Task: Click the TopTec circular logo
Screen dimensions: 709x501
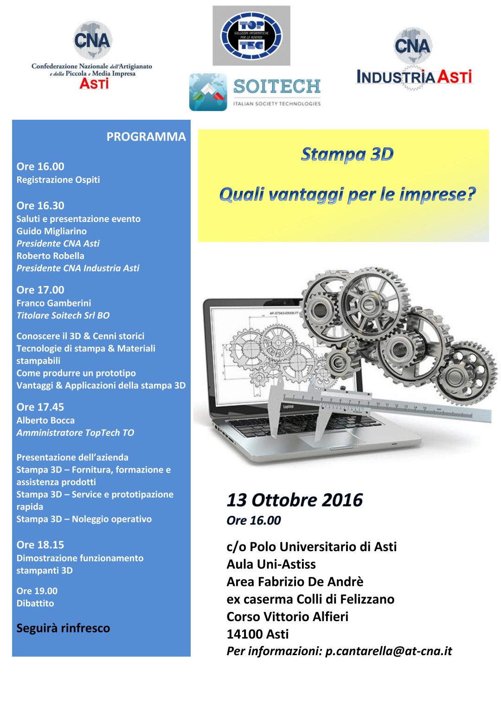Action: pyautogui.click(x=251, y=36)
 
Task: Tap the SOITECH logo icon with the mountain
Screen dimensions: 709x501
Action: pyautogui.click(x=208, y=92)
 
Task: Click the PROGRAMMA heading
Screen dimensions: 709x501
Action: pyautogui.click(x=146, y=137)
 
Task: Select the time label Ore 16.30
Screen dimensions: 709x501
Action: pyautogui.click(x=40, y=206)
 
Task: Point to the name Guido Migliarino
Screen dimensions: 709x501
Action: pyautogui.click(x=51, y=231)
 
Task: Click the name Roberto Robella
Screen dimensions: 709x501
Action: pyautogui.click(x=50, y=256)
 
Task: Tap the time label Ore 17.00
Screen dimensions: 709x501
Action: pyautogui.click(x=40, y=290)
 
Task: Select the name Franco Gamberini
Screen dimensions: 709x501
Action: pyautogui.click(x=54, y=303)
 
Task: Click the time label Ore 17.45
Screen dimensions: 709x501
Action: pyautogui.click(x=40, y=407)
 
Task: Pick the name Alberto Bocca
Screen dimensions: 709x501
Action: pyautogui.click(x=45, y=421)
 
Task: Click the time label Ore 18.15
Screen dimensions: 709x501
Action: pyautogui.click(x=40, y=545)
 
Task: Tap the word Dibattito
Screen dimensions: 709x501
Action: pyautogui.click(x=35, y=604)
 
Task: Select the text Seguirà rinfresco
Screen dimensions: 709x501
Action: pyautogui.click(x=63, y=628)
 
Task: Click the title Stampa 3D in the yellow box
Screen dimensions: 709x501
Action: pyautogui.click(x=347, y=154)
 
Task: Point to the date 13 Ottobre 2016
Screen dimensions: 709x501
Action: pyautogui.click(x=295, y=500)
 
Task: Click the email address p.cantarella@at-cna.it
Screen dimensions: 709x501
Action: pyautogui.click(x=388, y=651)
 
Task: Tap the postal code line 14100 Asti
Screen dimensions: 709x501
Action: pyautogui.click(x=257, y=634)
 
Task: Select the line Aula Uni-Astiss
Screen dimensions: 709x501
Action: pyautogui.click(x=271, y=564)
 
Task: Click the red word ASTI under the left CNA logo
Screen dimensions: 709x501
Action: pyautogui.click(x=94, y=84)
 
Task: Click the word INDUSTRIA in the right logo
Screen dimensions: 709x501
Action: pyautogui.click(x=396, y=77)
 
